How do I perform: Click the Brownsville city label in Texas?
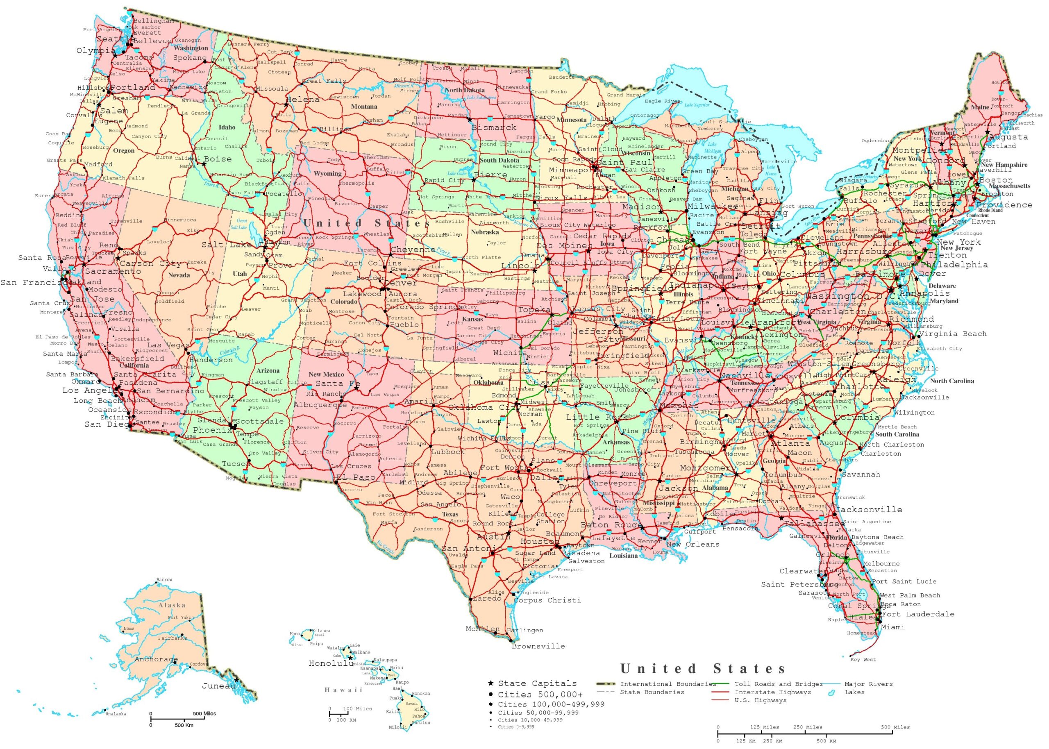538,646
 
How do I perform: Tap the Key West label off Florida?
863,660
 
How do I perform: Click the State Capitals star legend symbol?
490,683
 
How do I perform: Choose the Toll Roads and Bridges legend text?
778,684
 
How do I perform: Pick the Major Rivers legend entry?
868,684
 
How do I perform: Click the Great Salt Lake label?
242,224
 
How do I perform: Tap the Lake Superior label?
697,105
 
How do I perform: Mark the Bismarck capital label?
493,127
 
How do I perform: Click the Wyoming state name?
327,174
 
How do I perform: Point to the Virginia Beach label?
953,334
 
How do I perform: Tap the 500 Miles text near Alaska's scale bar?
204,713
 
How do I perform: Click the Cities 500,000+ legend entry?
540,694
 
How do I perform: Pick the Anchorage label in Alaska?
156,659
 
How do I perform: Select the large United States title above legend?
703,668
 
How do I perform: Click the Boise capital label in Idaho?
218,159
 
